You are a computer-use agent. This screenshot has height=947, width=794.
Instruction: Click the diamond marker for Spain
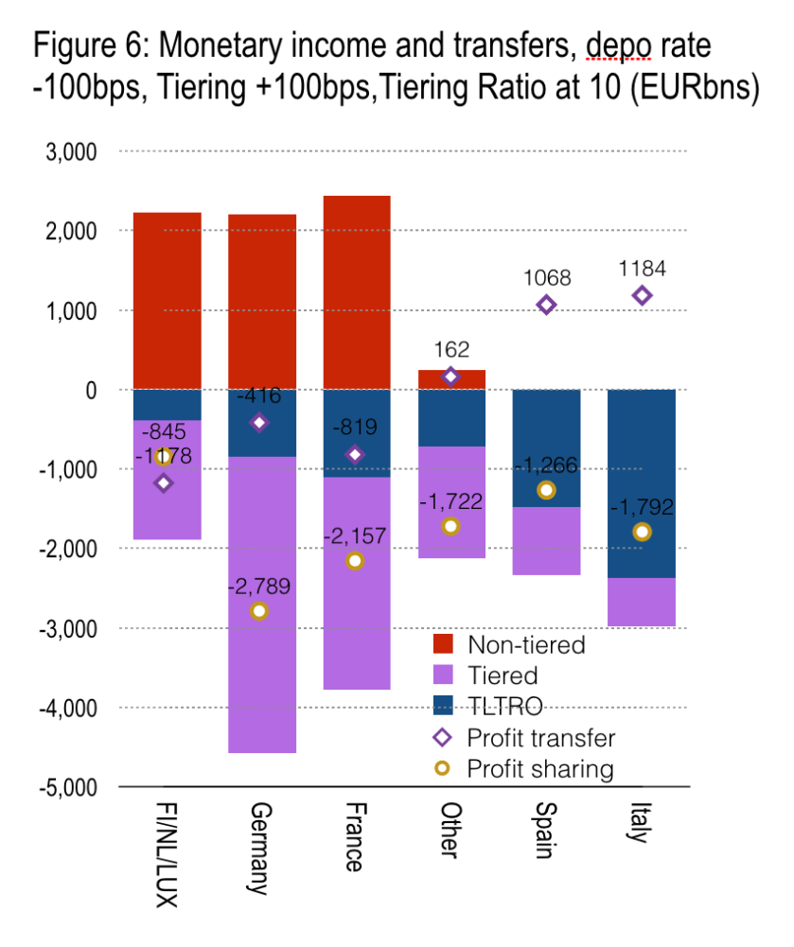point(546,305)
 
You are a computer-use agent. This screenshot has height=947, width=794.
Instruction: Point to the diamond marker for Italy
point(642,295)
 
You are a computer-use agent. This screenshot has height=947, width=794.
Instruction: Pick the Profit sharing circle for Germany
point(259,611)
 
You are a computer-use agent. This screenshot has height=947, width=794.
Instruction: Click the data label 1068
point(546,278)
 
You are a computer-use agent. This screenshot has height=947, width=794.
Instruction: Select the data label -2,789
point(259,587)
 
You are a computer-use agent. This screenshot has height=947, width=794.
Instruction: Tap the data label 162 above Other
point(451,351)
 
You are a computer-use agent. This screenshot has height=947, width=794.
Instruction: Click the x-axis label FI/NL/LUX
point(165,857)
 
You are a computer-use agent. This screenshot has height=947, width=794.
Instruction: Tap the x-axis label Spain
point(546,832)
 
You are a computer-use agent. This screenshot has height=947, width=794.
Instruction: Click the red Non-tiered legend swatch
point(445,646)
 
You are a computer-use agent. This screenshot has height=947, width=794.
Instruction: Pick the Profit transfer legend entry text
point(540,738)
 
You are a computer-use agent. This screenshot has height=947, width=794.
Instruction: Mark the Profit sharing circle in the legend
point(444,768)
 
